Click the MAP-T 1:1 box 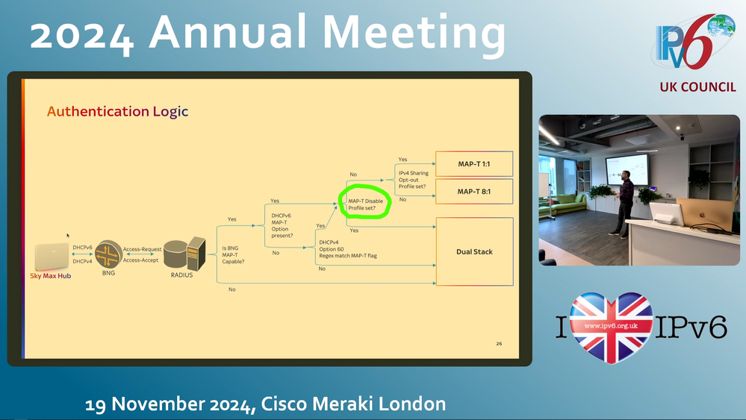[474, 164]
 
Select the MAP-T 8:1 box [474, 192]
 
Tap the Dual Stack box [474, 251]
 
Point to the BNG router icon [108, 254]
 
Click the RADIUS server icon [184, 254]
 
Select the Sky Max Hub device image [52, 256]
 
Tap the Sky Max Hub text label [51, 276]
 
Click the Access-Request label [142, 249]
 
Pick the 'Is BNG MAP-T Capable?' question [233, 254]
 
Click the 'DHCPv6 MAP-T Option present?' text [282, 226]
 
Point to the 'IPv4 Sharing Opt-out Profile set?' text [414, 180]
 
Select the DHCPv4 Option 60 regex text [348, 249]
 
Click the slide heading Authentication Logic [117, 111]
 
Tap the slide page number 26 [499, 343]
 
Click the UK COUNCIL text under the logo [697, 87]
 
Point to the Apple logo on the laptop [703, 216]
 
